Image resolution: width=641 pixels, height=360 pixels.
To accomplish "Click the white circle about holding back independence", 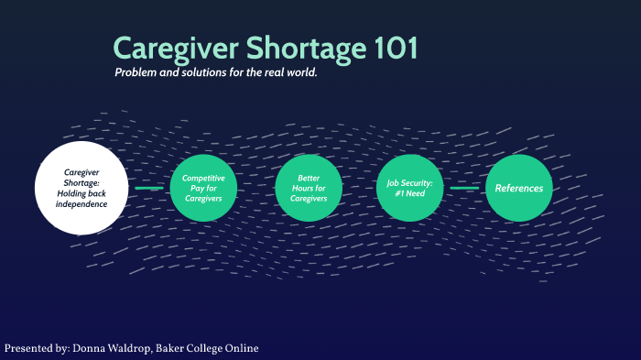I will click(81, 188).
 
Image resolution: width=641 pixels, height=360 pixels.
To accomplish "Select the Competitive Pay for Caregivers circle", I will click(203, 188).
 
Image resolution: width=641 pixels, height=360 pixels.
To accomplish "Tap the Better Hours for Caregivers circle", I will click(309, 188).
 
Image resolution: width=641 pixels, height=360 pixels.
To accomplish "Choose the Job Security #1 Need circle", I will click(410, 188).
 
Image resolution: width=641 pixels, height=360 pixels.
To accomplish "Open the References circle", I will click(519, 188).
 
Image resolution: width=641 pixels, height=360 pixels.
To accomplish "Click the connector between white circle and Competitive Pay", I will click(147, 188).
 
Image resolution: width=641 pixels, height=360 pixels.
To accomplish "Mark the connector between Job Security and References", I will click(465, 188).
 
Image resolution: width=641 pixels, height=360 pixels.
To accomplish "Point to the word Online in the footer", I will click(242, 349).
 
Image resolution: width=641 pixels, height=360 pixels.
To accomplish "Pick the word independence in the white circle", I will click(81, 203).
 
